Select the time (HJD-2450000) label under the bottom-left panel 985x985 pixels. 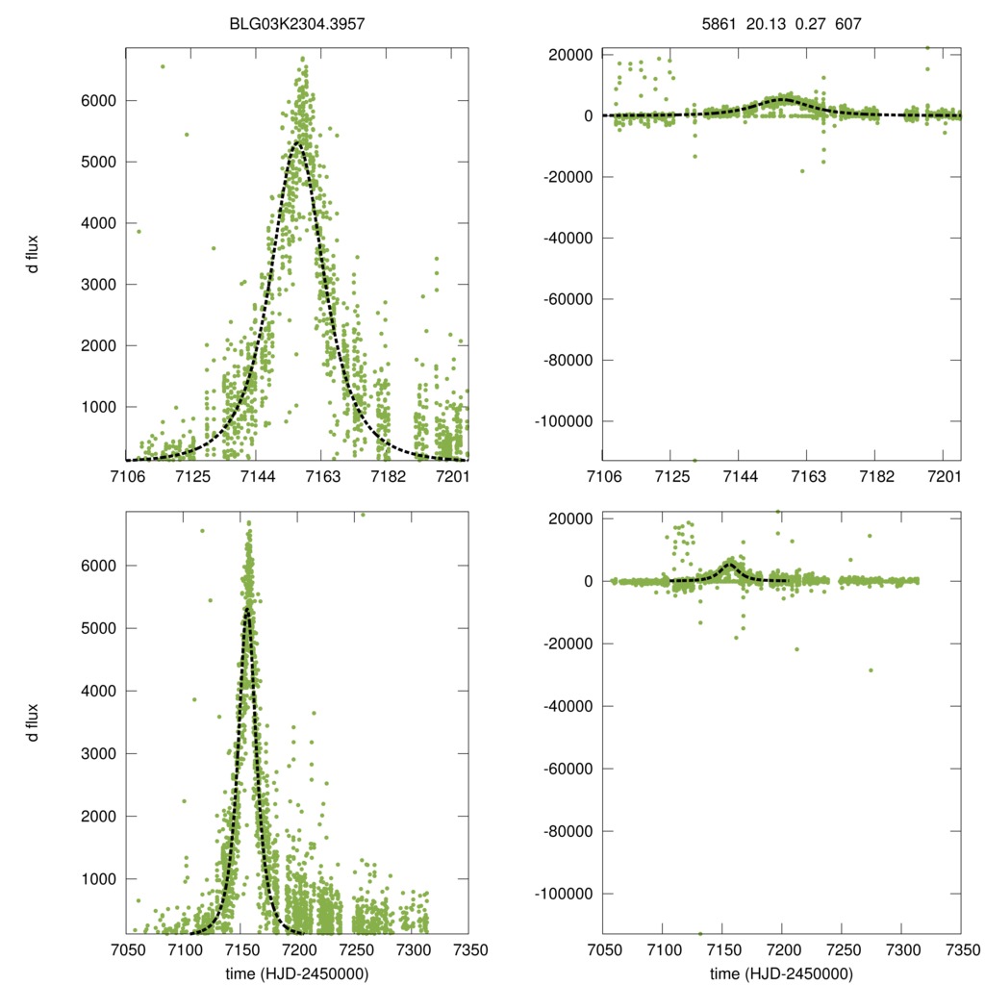tap(297, 974)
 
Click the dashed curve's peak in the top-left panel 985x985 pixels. tap(298, 144)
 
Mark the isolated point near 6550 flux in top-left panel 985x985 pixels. tap(162, 66)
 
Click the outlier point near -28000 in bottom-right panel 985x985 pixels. tap(871, 670)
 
